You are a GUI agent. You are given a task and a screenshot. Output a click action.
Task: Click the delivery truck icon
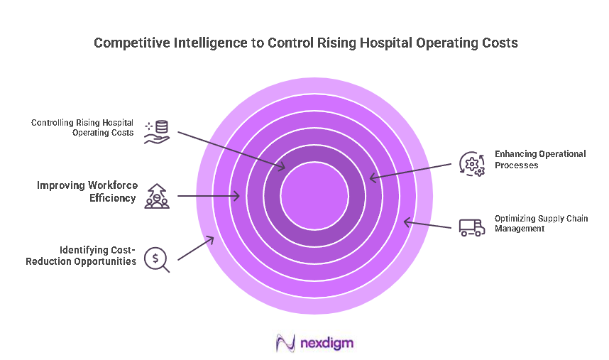point(471,227)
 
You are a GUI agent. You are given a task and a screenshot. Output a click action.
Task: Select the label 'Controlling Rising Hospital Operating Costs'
point(82,128)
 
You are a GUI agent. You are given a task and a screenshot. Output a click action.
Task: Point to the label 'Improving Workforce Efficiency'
point(86,192)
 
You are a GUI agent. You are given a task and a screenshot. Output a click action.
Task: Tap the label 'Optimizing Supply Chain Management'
point(541,223)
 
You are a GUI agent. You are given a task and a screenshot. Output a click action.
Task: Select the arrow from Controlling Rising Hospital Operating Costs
point(231,150)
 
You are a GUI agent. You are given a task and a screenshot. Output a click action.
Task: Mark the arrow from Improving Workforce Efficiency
point(209,195)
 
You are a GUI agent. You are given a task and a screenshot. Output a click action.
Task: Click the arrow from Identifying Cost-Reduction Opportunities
point(195,249)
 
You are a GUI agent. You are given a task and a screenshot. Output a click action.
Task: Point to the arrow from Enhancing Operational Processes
point(410,171)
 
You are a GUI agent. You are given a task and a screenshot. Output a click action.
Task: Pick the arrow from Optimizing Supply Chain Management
point(428,224)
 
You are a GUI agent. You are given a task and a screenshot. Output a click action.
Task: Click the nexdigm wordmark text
point(327,344)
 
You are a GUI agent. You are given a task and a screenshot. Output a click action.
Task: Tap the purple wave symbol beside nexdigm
point(285,344)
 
